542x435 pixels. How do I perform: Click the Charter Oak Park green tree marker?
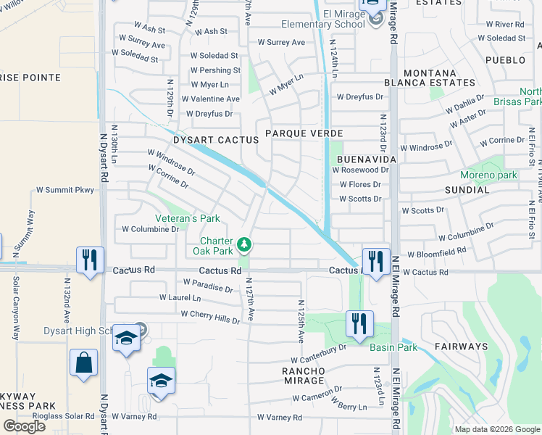[245, 245]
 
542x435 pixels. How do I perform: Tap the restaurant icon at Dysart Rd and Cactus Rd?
[90, 260]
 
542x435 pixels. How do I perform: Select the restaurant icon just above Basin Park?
[360, 323]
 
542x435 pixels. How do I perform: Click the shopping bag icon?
[84, 362]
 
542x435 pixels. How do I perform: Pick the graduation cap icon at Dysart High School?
[126, 339]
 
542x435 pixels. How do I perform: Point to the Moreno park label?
[488, 175]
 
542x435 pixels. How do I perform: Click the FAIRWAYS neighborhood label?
[462, 347]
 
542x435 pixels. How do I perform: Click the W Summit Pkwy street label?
[65, 190]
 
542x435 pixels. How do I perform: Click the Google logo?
[24, 426]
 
